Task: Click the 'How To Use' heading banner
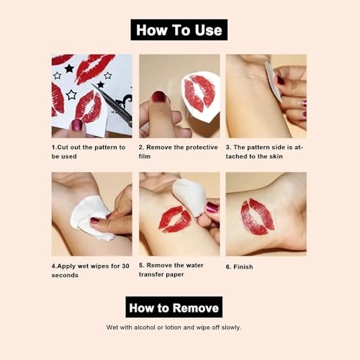coord(179,30)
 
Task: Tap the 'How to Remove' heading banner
coord(174,307)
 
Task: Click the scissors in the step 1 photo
coord(113,103)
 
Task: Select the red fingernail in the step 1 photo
coord(77,125)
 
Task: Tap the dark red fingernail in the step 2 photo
coord(159,97)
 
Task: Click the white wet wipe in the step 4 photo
coord(91,218)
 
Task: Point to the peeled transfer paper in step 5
coord(189,197)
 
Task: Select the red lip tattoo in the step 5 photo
coord(175,219)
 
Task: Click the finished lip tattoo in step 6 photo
coord(257,217)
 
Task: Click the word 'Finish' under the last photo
coord(243,267)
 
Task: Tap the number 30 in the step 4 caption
coord(125,266)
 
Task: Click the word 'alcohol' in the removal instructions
coord(144,328)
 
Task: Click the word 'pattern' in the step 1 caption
coord(105,148)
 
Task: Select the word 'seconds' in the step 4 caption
coord(65,275)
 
